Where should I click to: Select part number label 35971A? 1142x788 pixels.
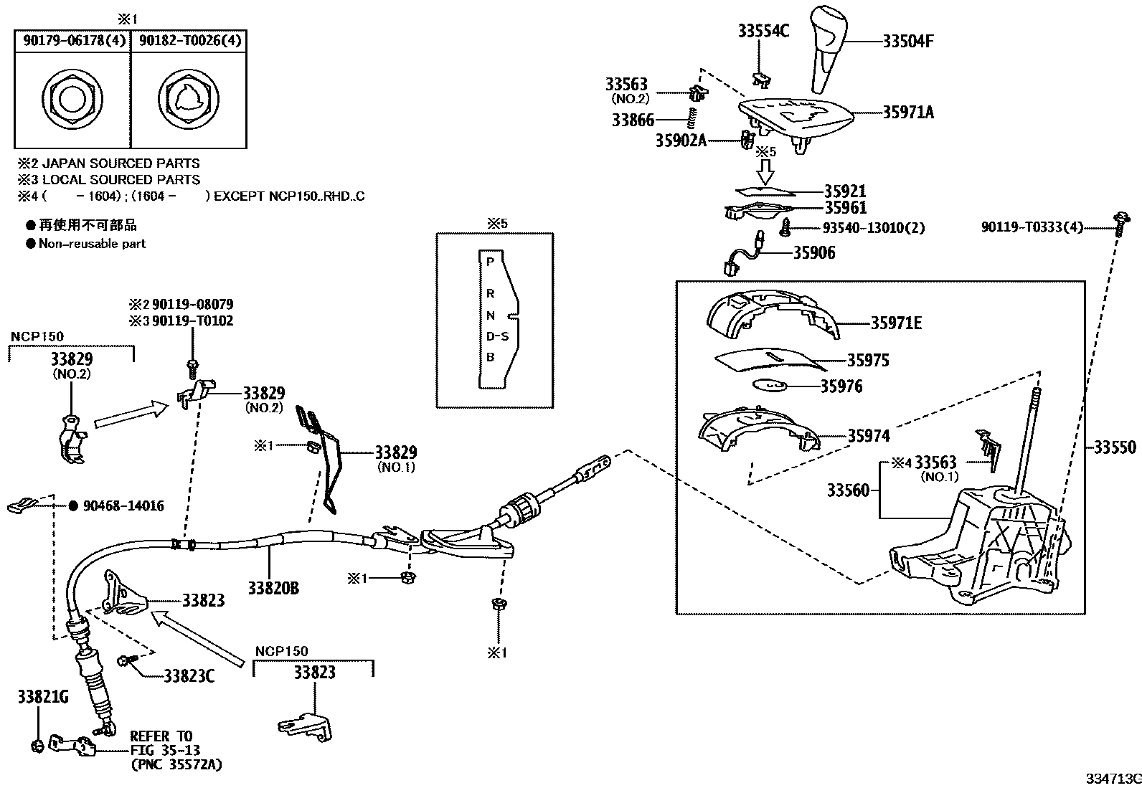907,113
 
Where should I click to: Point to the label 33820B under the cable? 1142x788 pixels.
273,588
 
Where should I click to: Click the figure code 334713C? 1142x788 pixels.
1112,779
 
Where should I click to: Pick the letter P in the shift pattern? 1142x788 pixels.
491,262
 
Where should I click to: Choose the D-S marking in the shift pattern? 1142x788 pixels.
497,336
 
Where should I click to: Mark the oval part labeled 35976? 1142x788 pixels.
771,385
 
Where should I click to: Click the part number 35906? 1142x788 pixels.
813,253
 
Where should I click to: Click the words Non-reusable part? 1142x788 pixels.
92,244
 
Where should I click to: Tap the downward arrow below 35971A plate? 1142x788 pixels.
765,171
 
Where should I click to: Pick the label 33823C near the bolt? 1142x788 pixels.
189,675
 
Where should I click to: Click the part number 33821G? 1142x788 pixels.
43,697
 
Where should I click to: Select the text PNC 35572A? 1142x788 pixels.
176,765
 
